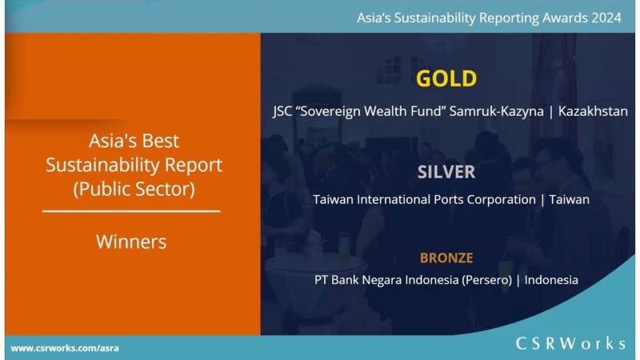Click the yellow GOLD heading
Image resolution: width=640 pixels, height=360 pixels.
[x=446, y=78]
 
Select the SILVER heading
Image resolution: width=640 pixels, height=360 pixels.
[x=446, y=172]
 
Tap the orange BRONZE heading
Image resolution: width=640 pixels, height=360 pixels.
[x=446, y=258]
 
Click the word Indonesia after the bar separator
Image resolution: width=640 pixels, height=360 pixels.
[x=550, y=280]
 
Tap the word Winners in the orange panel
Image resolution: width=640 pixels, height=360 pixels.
[x=131, y=241]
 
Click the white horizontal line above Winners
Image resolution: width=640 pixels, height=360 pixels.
[x=131, y=211]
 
